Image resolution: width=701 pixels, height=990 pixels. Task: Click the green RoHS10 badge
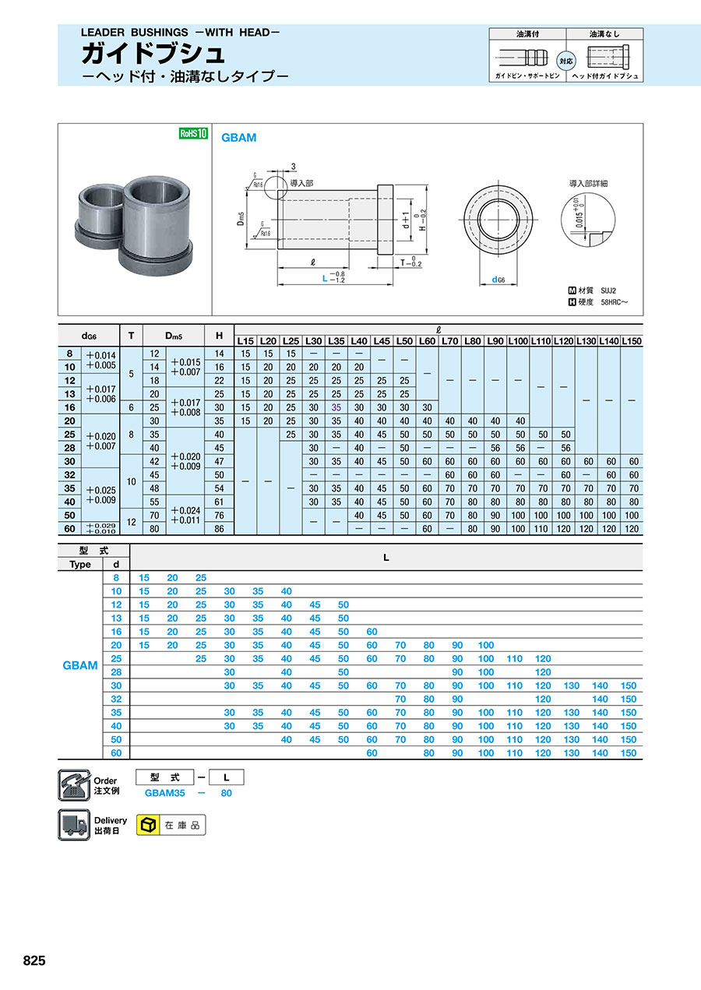[x=194, y=133]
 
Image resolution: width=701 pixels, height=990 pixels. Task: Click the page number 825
[x=34, y=960]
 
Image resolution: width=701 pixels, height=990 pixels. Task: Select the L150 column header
[x=632, y=341]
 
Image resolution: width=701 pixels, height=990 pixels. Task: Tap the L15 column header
[x=245, y=341]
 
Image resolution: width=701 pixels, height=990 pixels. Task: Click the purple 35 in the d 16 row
[x=336, y=407]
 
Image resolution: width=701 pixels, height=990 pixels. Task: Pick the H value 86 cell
[x=219, y=528]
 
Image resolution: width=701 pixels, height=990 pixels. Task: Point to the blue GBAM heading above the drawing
[x=239, y=138]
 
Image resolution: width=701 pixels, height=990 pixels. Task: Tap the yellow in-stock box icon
[x=147, y=825]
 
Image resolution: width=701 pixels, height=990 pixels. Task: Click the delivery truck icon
[x=73, y=825]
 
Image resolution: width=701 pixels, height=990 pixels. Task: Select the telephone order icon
[x=73, y=784]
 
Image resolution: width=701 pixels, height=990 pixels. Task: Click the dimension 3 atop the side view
[x=293, y=167]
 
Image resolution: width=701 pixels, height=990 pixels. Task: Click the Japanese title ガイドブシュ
[x=153, y=55]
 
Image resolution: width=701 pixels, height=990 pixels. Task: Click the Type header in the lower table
[x=80, y=564]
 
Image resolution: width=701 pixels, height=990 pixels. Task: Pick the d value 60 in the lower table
[x=116, y=752]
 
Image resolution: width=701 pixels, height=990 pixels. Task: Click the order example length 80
[x=226, y=793]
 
